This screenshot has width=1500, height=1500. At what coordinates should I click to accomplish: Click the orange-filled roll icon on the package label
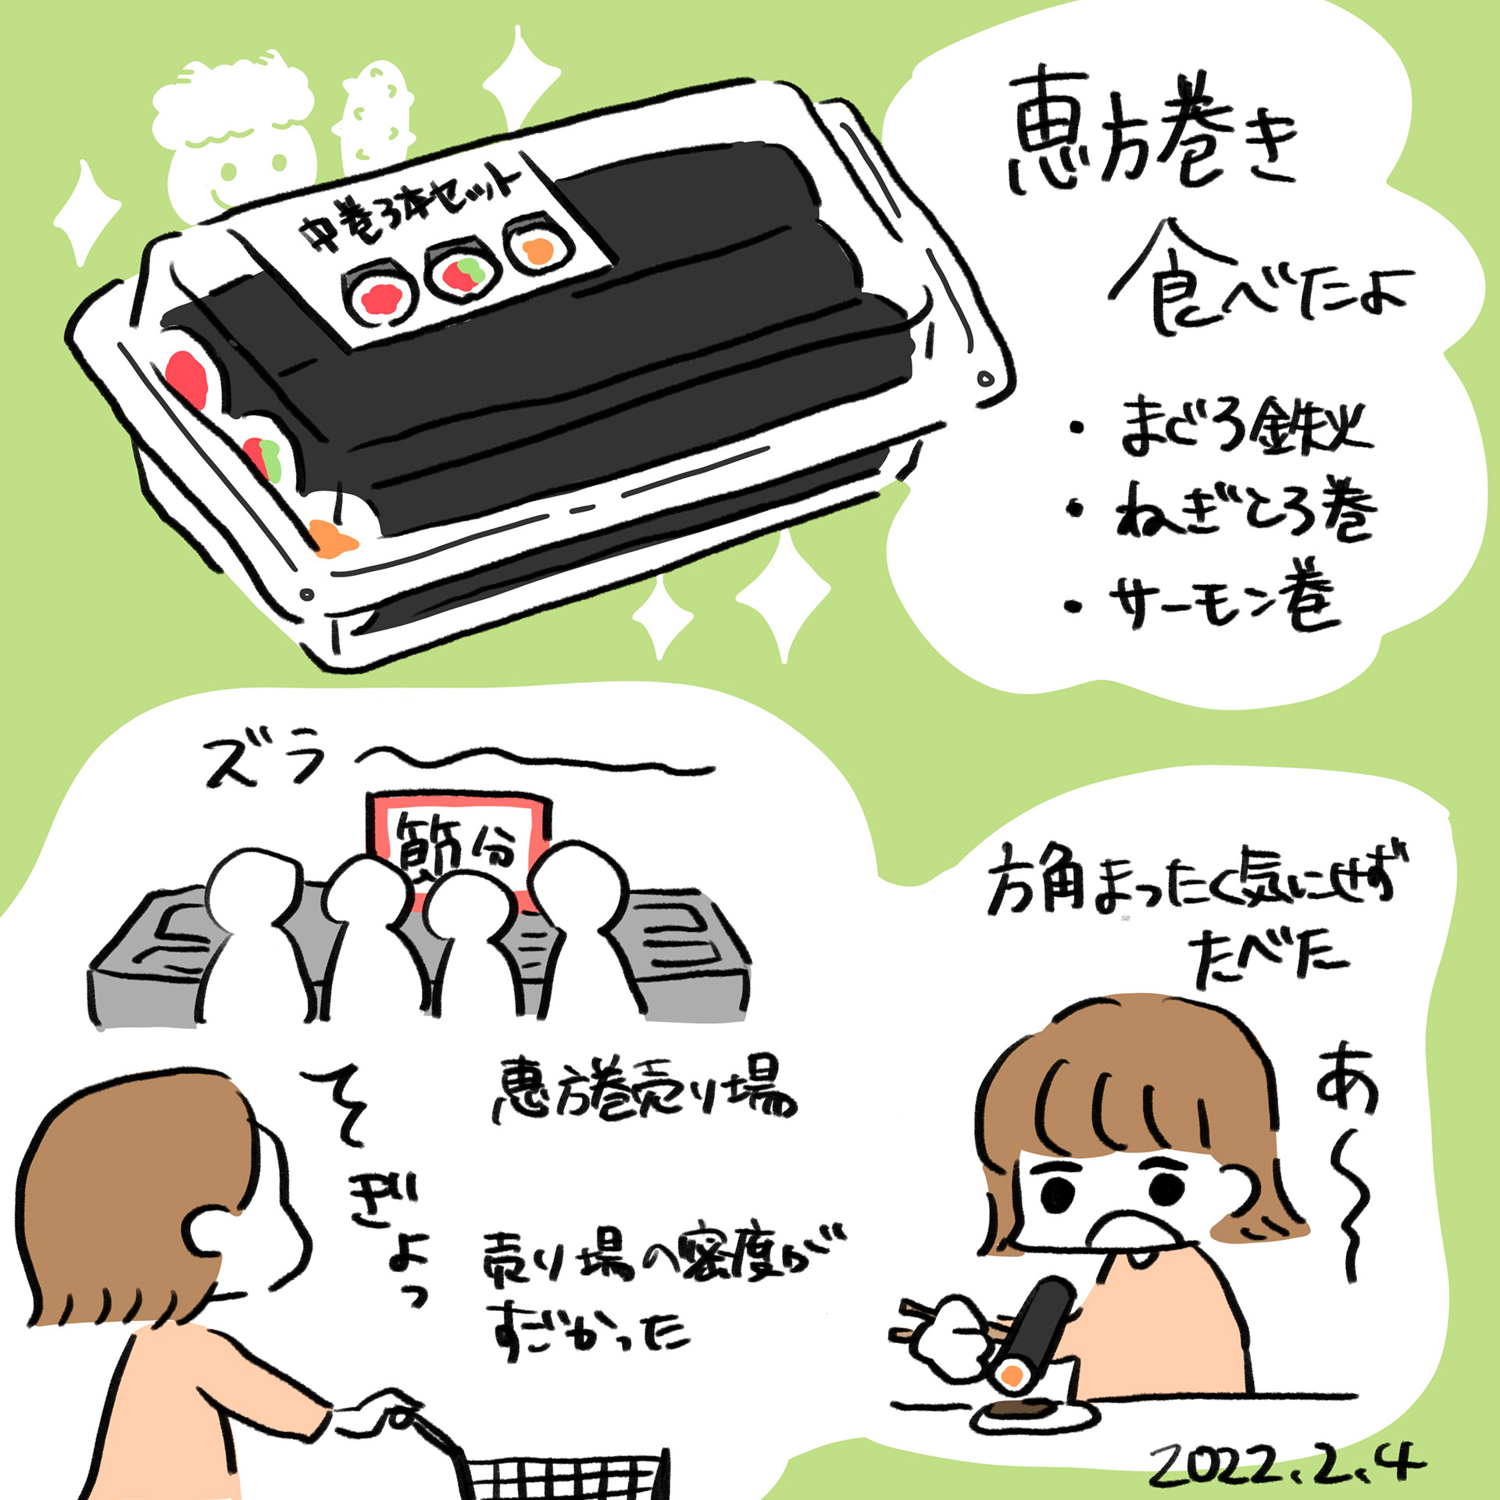(538, 248)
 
